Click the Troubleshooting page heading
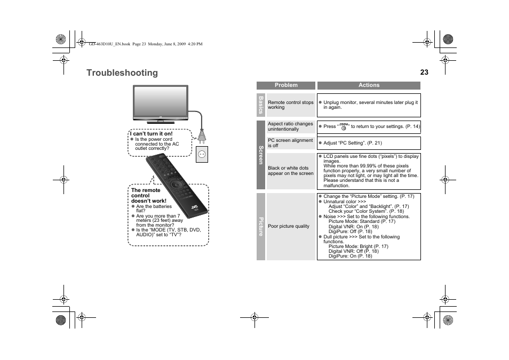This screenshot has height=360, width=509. [122, 73]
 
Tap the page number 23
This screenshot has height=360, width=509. [424, 73]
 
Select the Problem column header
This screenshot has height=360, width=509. [286, 85]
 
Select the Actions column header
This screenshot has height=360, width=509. [369, 85]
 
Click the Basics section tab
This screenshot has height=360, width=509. [261, 105]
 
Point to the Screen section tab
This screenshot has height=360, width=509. [261, 155]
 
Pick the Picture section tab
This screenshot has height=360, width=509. [261, 227]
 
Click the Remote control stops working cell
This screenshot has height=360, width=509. [291, 105]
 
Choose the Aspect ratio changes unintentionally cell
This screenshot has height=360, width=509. [291, 126]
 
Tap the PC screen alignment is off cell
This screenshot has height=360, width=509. [291, 143]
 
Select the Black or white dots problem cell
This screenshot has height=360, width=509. [291, 171]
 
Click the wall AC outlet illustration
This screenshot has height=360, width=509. [202, 155]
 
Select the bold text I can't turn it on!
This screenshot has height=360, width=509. [152, 134]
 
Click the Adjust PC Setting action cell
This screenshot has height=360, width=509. [369, 143]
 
